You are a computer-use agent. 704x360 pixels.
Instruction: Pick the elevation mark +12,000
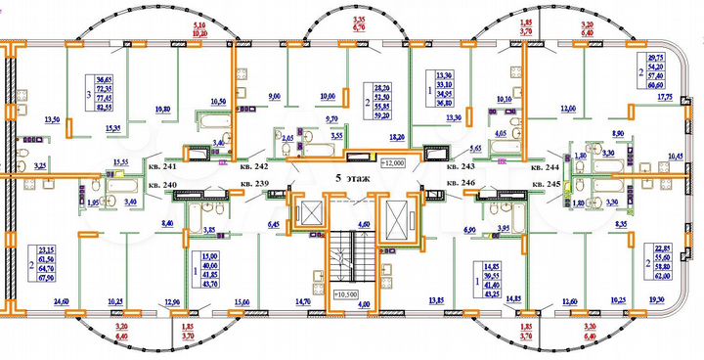click(393, 162)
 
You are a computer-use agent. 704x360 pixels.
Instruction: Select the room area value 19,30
click(658, 302)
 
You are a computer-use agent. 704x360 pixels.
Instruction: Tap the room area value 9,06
click(275, 96)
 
